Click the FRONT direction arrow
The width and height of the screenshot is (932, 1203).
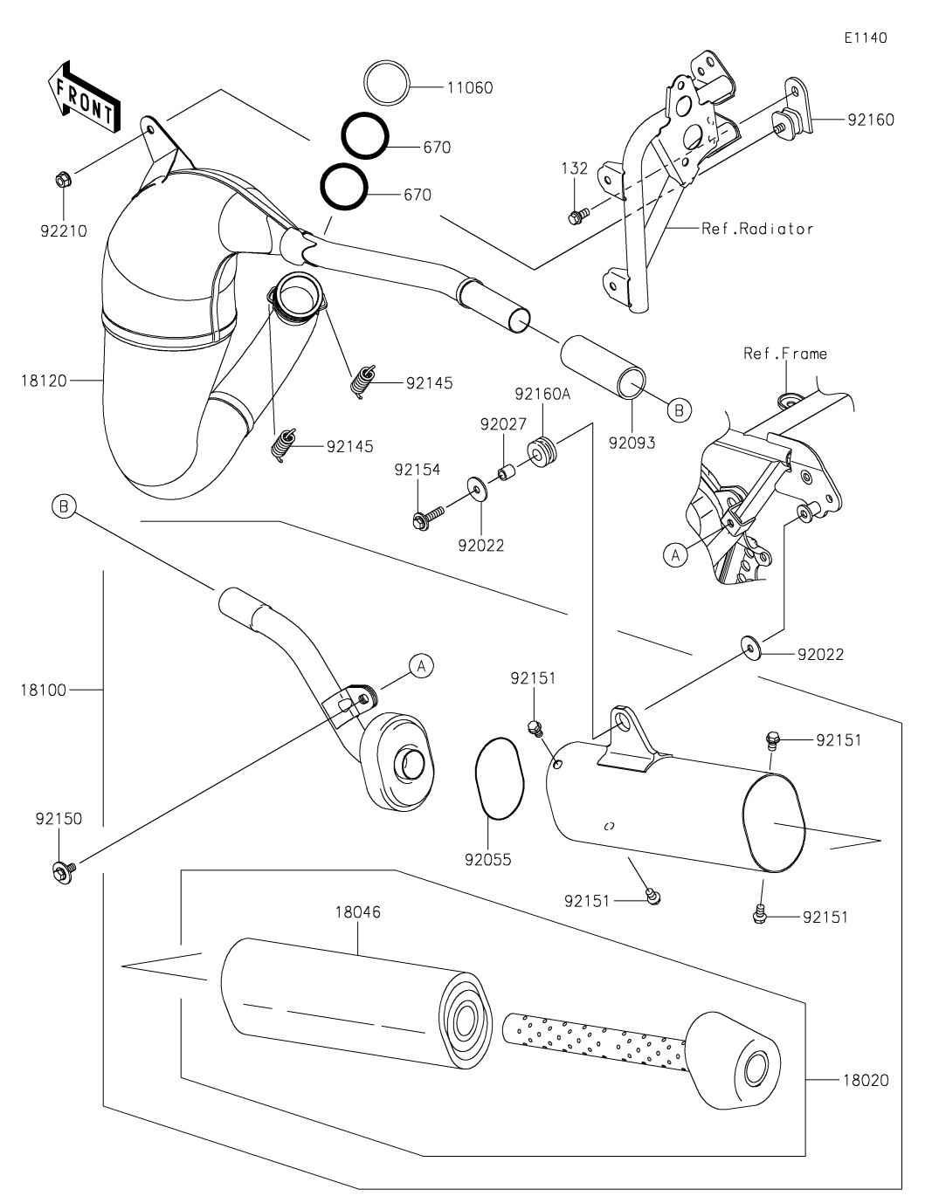(x=84, y=99)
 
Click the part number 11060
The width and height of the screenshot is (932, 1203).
(x=469, y=87)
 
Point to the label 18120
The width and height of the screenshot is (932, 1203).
(x=42, y=380)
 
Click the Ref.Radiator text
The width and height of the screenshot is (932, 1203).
(x=757, y=229)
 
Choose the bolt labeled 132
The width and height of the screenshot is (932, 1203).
(x=576, y=214)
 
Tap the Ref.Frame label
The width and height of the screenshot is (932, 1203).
(x=784, y=354)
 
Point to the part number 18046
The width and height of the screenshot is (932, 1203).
(x=357, y=912)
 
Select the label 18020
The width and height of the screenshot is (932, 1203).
(x=866, y=1080)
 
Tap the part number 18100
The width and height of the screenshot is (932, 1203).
(x=42, y=690)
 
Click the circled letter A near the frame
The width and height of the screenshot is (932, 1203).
(x=675, y=554)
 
